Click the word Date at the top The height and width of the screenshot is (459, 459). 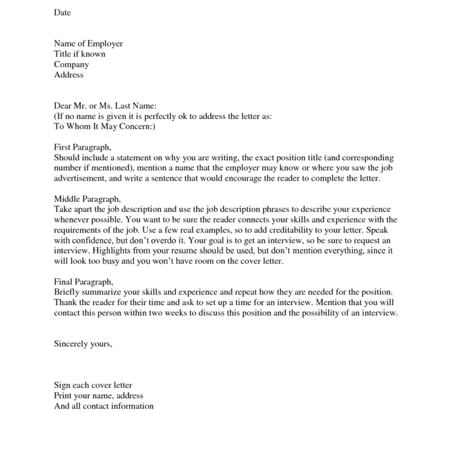[x=62, y=13]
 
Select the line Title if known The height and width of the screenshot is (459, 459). [x=80, y=54]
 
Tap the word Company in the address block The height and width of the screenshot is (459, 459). [x=71, y=65]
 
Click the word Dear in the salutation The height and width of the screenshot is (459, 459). [x=62, y=106]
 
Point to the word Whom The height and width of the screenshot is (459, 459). [x=78, y=127]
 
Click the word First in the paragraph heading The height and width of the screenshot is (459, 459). [x=62, y=147]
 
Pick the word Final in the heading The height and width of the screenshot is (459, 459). [x=63, y=282]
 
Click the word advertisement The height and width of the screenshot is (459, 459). [x=79, y=179]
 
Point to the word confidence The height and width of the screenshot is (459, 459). [x=91, y=241]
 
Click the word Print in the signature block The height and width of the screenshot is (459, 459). [x=62, y=396]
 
